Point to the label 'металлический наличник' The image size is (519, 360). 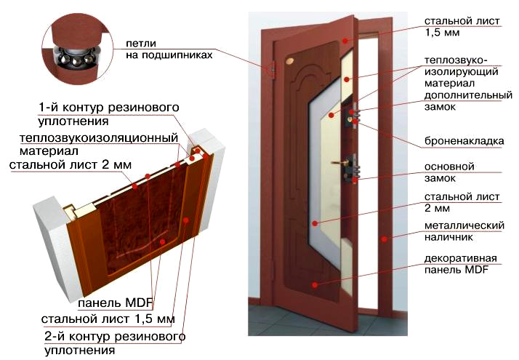(464, 231)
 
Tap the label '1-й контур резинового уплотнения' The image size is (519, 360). (109, 113)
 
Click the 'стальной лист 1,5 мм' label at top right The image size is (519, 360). (461, 27)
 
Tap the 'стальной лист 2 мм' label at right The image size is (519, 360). (462, 203)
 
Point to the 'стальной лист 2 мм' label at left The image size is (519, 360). (71, 165)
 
